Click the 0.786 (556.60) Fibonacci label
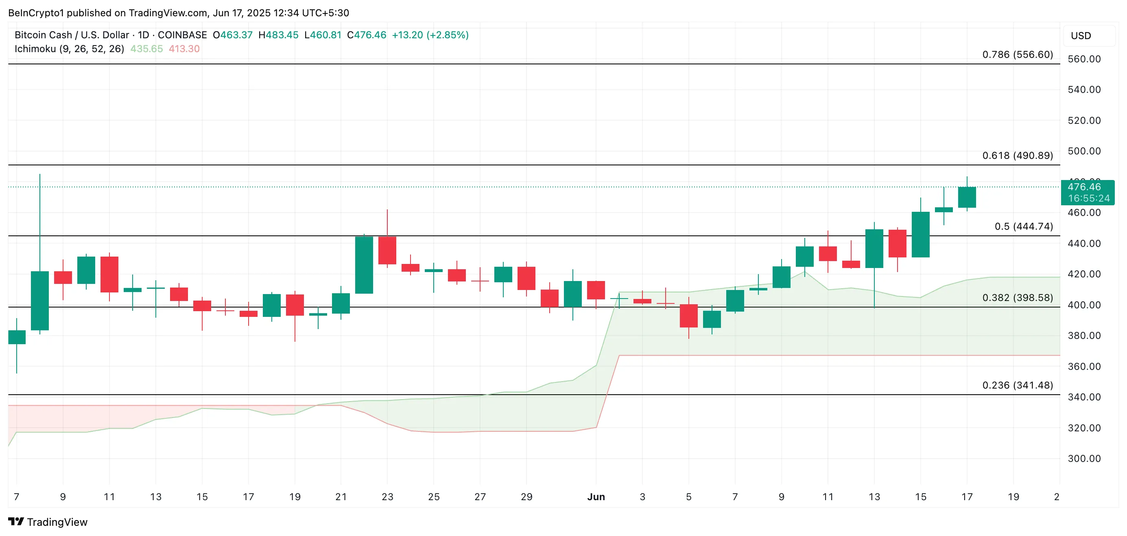(x=1017, y=55)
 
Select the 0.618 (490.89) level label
(x=1017, y=156)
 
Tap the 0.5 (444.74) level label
(x=1023, y=226)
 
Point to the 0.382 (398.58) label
(x=1017, y=298)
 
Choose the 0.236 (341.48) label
(x=1017, y=385)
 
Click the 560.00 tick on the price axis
(x=1084, y=59)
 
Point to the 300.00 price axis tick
(x=1084, y=459)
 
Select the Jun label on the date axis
(x=596, y=497)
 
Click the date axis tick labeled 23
(x=387, y=497)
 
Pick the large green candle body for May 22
(x=364, y=265)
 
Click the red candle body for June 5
(x=689, y=316)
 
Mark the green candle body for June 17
(x=967, y=197)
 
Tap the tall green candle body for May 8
(x=40, y=301)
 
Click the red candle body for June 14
(x=897, y=244)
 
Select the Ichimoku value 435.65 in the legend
(x=146, y=49)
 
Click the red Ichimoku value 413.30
(x=184, y=49)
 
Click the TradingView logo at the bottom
(x=48, y=522)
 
